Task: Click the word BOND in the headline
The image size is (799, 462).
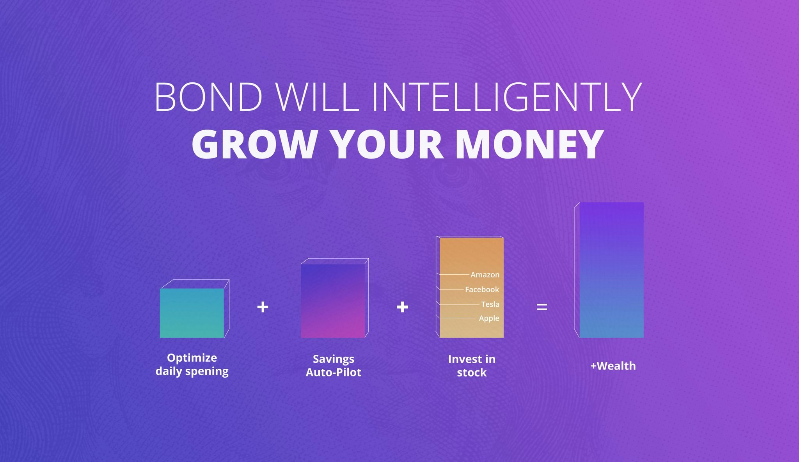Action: coord(209,97)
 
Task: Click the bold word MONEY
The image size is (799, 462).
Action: coord(529,144)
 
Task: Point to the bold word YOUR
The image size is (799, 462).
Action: coord(387,144)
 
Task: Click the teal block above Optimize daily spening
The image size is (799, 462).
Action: coord(192,313)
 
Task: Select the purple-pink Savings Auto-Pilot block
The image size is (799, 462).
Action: coord(333,301)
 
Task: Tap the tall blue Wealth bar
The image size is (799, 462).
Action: coord(611,270)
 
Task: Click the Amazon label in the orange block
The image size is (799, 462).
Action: coord(485,275)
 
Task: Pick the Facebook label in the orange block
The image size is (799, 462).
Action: coord(482,290)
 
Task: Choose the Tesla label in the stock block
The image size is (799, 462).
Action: coord(490,304)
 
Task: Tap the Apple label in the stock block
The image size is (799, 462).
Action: coord(489,318)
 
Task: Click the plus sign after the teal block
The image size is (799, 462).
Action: coord(263,307)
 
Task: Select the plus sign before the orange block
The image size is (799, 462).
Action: coord(402,307)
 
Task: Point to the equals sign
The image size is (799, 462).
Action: coord(542,307)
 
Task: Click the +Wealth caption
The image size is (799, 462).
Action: coord(613,366)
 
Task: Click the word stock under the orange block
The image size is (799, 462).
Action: coord(472,373)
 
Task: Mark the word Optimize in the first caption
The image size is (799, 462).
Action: coord(192,358)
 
